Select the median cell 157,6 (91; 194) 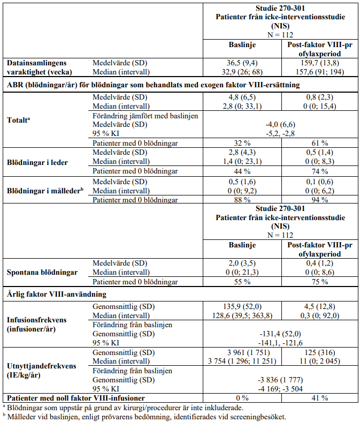319,71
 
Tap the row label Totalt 17,120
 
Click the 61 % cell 319,142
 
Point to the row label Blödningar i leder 37,162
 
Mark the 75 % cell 319,281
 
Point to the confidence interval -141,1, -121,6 278,343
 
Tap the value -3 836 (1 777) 278,380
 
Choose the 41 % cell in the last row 319,398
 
